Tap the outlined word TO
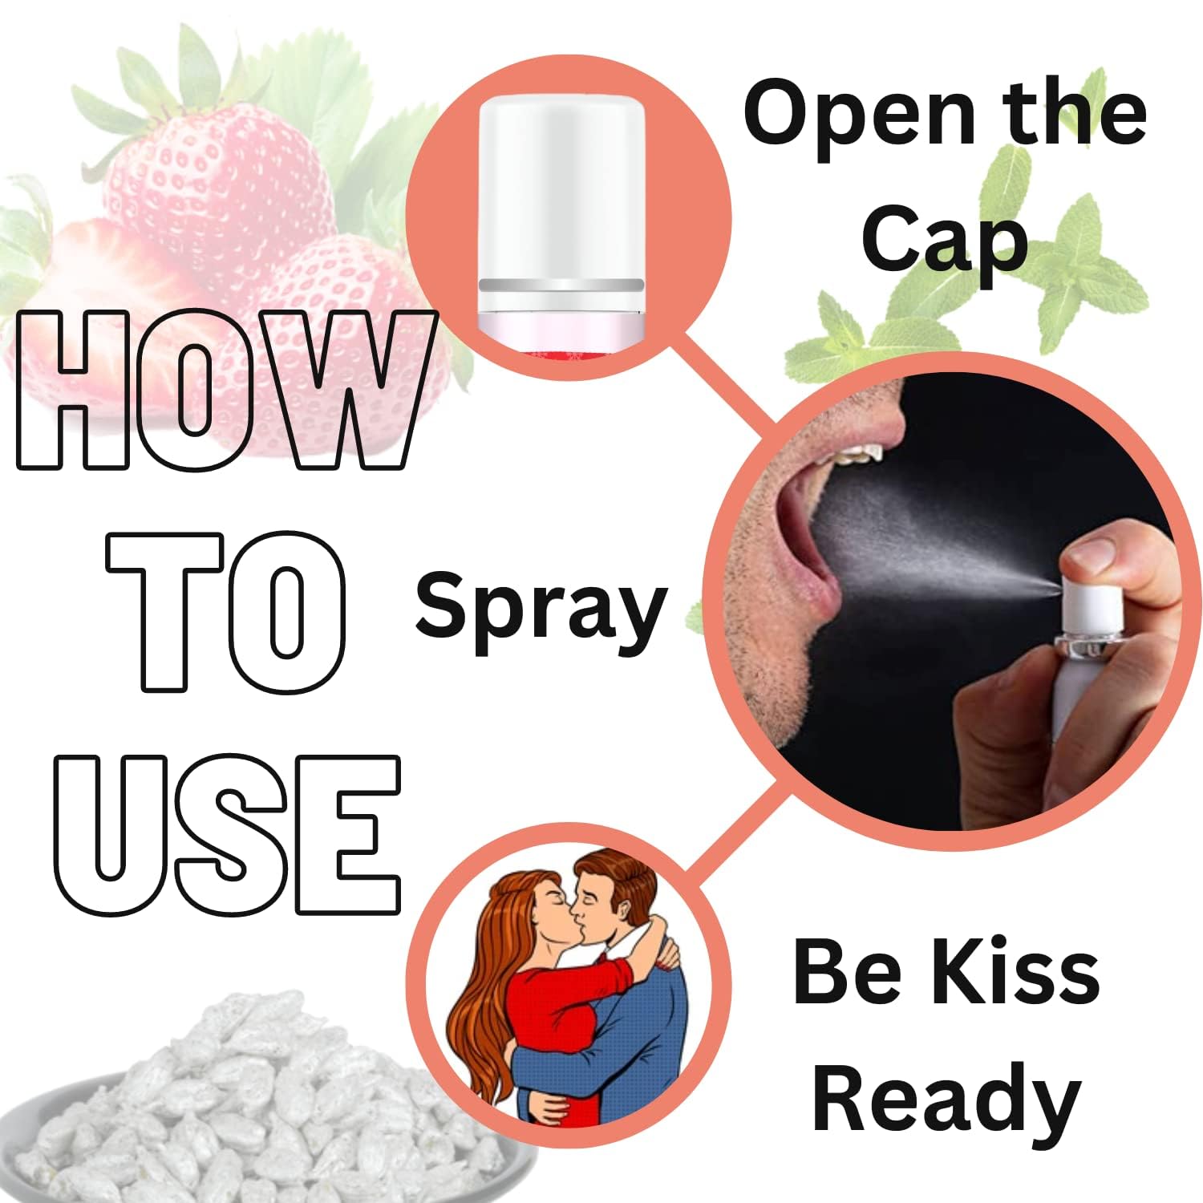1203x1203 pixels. tap(228, 610)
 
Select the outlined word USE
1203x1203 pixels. tap(227, 835)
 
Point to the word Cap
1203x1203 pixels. tap(944, 239)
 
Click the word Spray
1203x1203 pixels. tap(541, 611)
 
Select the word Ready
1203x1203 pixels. tap(946, 1099)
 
